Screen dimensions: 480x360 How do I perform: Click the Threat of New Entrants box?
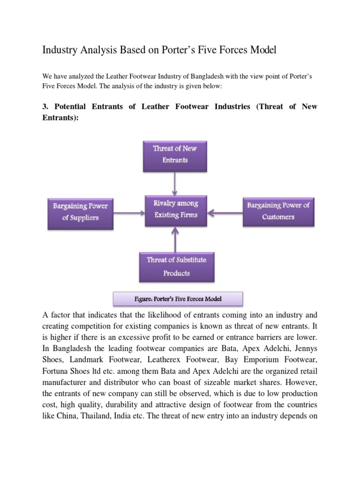click(175, 154)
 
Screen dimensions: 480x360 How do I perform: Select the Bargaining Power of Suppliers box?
click(80, 212)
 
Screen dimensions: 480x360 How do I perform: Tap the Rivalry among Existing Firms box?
click(176, 210)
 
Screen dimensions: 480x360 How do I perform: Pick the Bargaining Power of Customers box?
click(278, 211)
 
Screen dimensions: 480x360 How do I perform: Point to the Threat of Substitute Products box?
click(176, 266)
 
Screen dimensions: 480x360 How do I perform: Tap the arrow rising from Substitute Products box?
click(176, 239)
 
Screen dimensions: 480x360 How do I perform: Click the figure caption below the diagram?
click(178, 299)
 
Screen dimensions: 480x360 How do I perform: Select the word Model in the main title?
click(262, 50)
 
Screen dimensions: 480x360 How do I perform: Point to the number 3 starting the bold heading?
click(45, 106)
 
